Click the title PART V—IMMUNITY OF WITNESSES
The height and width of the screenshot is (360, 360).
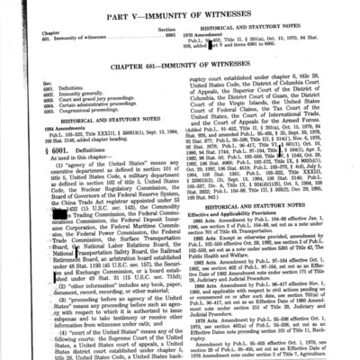(179, 10)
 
